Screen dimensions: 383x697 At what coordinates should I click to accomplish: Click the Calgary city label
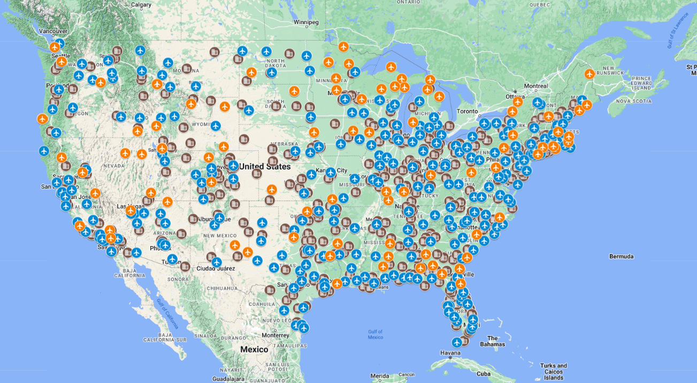point(141,5)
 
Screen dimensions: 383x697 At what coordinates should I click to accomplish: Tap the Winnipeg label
point(306,22)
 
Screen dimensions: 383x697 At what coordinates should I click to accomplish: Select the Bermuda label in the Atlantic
point(621,257)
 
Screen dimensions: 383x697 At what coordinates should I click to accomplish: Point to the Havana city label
point(450,353)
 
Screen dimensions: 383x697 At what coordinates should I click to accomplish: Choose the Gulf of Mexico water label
point(376,334)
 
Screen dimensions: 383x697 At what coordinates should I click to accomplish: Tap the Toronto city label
point(468,112)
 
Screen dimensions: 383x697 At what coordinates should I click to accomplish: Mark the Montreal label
point(535,86)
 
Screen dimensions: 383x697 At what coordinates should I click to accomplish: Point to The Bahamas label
point(492,341)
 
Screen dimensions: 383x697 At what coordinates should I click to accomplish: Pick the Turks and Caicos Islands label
point(554,372)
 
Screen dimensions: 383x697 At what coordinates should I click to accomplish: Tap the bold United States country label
point(265,166)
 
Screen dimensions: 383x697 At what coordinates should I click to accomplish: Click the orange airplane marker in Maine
point(589,74)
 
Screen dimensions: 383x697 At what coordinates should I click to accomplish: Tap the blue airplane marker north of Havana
point(456,342)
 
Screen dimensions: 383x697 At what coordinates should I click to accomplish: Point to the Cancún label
point(407,374)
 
